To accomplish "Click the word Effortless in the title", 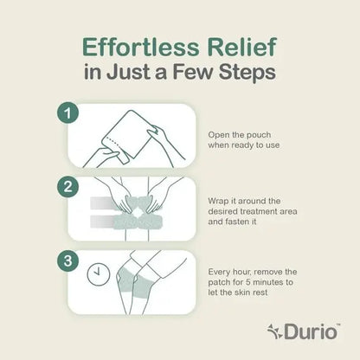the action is (141, 47).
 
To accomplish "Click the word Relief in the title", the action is (242, 47).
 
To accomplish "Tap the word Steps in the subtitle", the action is (247, 72).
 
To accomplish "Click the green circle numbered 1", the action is (67, 112).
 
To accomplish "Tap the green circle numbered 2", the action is (67, 187).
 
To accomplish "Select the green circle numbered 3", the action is (67, 260).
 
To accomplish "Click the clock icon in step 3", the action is (99, 273).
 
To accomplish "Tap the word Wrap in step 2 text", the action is (218, 201).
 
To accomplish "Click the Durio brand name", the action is (312, 331).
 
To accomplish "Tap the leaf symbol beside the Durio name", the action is (275, 331).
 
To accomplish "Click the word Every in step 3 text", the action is (219, 272).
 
